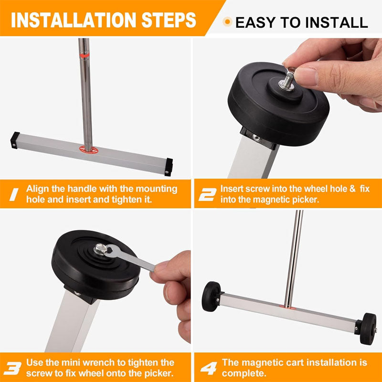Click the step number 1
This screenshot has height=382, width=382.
pos(14,194)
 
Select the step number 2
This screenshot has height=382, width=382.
pos(207,194)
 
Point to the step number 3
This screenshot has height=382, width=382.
pos(14,368)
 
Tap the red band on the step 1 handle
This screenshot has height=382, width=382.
pos(85,56)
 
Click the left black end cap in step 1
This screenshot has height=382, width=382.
pos(15,139)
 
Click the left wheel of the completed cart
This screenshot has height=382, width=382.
pos(212,297)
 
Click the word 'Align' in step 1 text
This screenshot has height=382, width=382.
pos(37,189)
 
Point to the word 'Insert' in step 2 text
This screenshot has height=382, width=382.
pos(232,189)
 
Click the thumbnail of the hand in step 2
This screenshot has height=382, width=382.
pos(334,72)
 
